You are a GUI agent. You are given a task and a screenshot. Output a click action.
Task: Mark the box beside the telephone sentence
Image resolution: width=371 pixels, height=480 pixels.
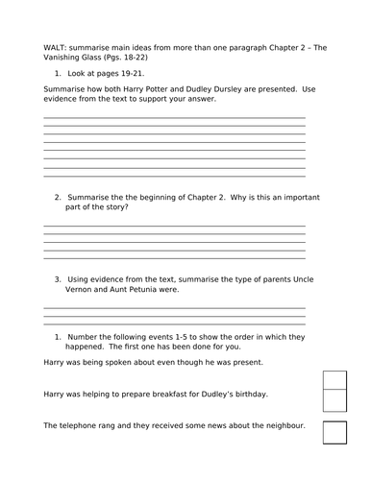point(334,432)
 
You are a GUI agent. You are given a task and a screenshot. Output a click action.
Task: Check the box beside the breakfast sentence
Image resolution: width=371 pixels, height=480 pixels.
point(334,400)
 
